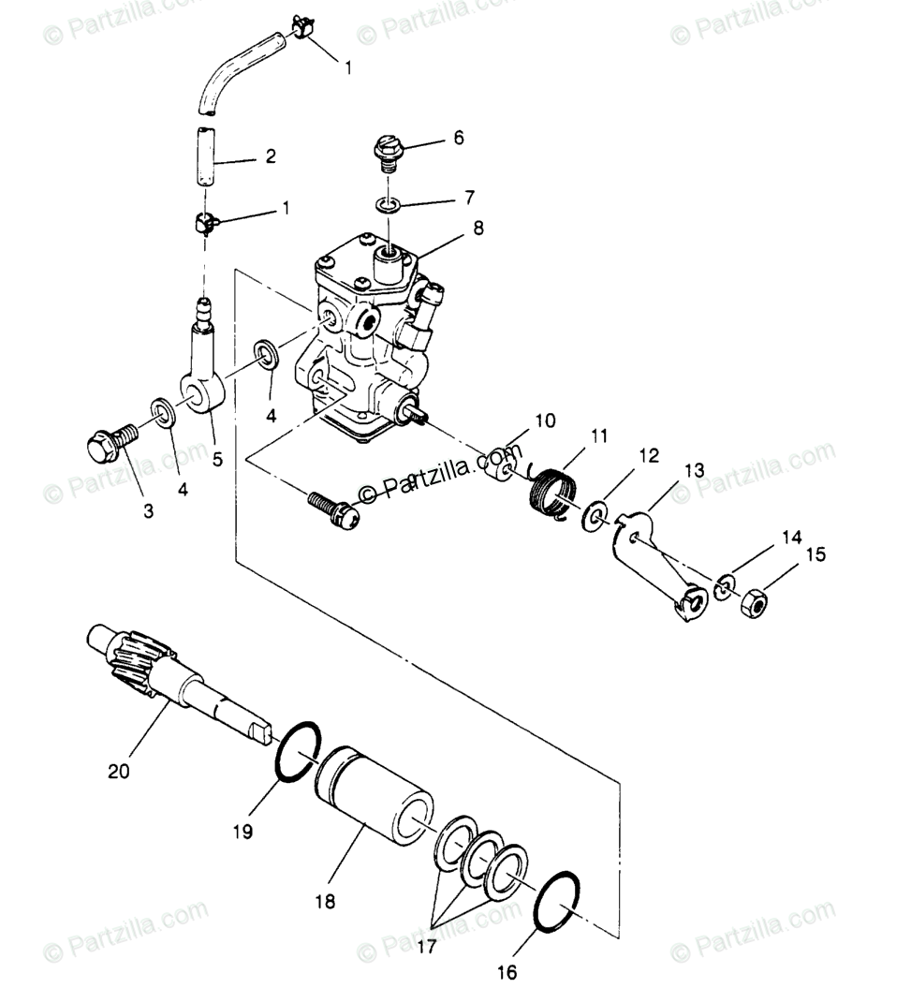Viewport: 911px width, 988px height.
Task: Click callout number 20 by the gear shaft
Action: tap(119, 772)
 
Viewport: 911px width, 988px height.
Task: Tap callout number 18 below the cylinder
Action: tap(326, 903)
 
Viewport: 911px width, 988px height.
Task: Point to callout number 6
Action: tap(458, 138)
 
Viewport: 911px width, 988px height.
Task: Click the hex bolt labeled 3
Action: tap(105, 443)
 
